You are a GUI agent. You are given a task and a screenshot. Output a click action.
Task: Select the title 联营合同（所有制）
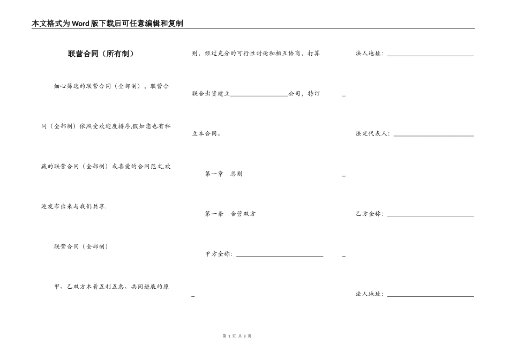(101, 54)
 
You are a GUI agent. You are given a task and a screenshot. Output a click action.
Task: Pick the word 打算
(313, 54)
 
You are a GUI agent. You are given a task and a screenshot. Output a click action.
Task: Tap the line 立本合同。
(206, 134)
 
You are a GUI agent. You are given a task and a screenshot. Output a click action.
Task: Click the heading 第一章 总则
(223, 174)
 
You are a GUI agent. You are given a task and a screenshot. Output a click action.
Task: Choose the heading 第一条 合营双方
(230, 214)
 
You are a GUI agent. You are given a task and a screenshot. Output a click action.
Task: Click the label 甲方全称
(218, 254)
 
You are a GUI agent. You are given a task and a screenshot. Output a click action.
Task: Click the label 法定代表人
(373, 134)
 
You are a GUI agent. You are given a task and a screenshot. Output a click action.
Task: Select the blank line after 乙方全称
(430, 215)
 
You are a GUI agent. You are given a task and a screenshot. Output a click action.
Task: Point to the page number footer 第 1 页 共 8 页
(237, 336)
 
